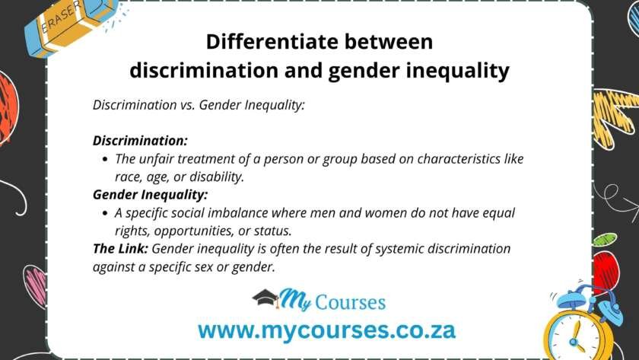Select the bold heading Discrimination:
(x=140, y=141)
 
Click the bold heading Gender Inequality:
(x=150, y=195)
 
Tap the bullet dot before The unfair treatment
(x=104, y=160)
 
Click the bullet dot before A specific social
(x=104, y=213)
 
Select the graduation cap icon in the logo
(x=265, y=298)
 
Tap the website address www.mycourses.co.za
(x=326, y=330)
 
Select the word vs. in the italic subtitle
(x=186, y=106)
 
